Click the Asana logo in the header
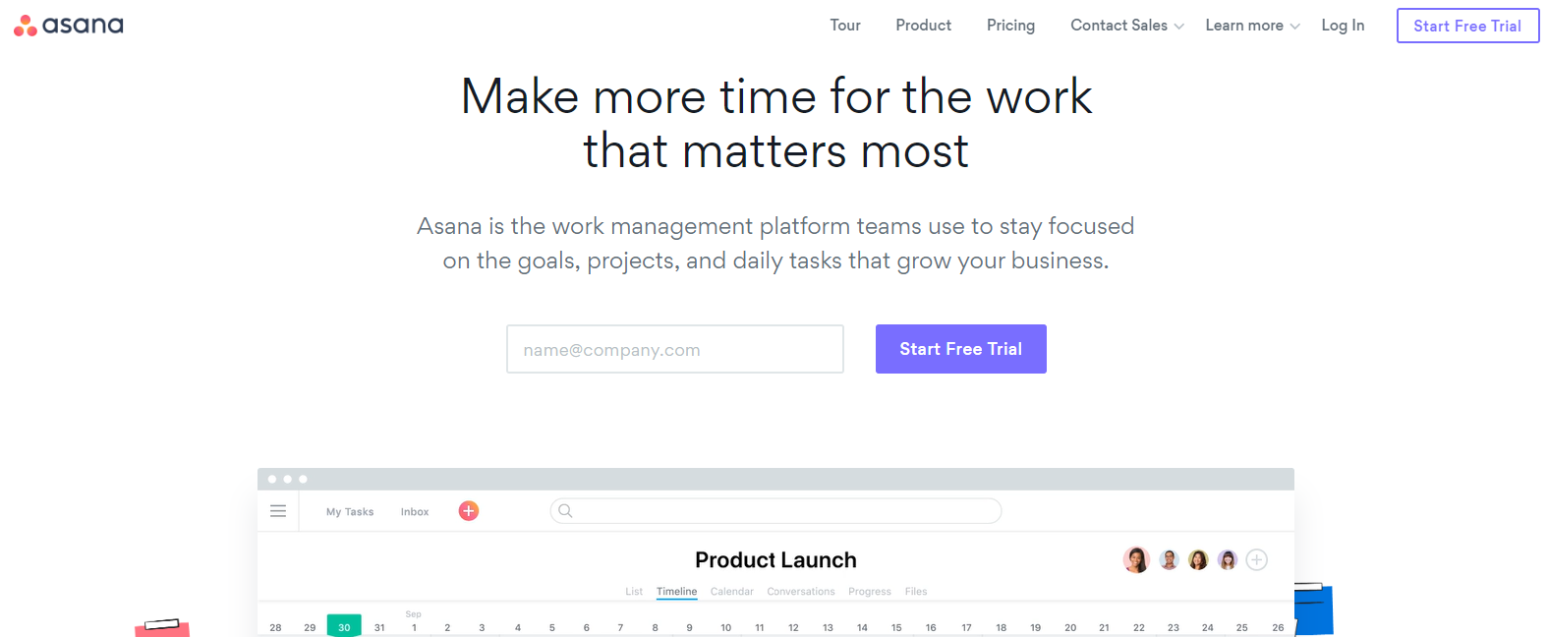click(69, 26)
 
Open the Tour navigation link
click(844, 26)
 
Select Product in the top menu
click(923, 26)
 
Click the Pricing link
click(1010, 26)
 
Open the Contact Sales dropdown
click(1126, 26)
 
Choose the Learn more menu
click(1252, 26)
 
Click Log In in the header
click(1343, 26)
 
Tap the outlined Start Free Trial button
click(1467, 26)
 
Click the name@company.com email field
click(674, 349)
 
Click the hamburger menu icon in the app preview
click(278, 511)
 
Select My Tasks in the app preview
click(350, 512)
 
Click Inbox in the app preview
click(415, 512)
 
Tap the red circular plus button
click(469, 511)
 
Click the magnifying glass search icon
click(565, 511)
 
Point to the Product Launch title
click(775, 560)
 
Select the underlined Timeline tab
click(676, 592)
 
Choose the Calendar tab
click(731, 592)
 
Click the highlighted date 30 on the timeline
click(344, 626)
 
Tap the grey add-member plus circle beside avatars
click(1256, 560)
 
